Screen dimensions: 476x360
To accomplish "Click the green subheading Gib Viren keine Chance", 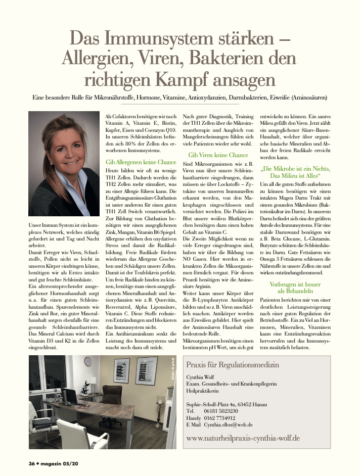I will [x=218, y=155].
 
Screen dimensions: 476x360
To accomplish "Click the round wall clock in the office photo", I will [x=88, y=361].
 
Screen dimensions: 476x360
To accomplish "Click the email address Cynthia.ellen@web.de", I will [x=228, y=425].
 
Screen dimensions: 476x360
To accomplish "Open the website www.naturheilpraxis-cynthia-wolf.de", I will [x=243, y=438].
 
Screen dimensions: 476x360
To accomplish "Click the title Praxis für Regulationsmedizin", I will [x=233, y=365].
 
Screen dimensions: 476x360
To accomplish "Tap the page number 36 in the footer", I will [x=31, y=463].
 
